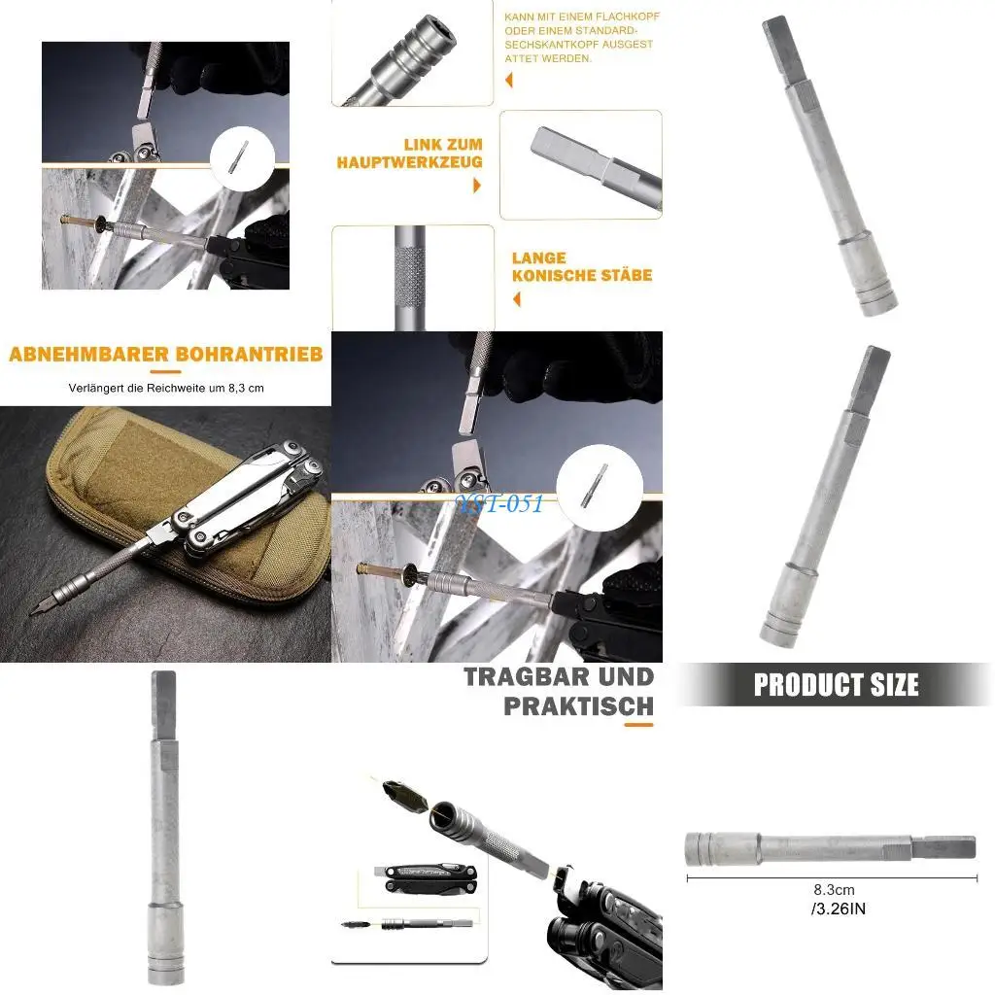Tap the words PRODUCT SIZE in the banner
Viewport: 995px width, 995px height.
coord(836,685)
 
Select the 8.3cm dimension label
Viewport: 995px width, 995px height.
coord(834,890)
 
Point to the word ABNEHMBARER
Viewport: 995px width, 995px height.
coord(88,354)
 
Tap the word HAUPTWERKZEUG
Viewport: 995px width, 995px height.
coord(410,162)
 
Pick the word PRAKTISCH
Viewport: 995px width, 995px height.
coord(579,706)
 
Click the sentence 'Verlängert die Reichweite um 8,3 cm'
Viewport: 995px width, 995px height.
coord(166,388)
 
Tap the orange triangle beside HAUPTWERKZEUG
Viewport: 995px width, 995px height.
coord(477,185)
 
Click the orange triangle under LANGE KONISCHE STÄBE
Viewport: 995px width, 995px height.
coord(516,299)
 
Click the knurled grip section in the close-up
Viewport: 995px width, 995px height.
coord(413,277)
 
